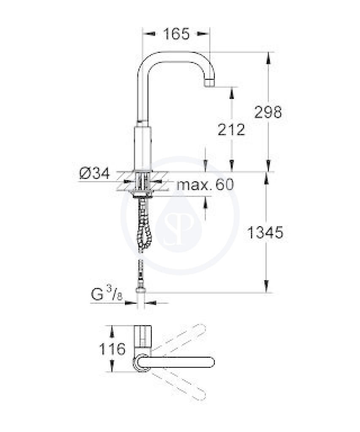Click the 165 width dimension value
coord(176,34)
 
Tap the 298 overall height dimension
coord(268,112)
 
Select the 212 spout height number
coord(231,130)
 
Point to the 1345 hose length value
coord(265,232)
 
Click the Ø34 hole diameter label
coord(95,173)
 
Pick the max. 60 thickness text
coord(206,184)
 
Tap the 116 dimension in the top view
coord(112,349)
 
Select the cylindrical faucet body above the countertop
coord(143,149)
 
